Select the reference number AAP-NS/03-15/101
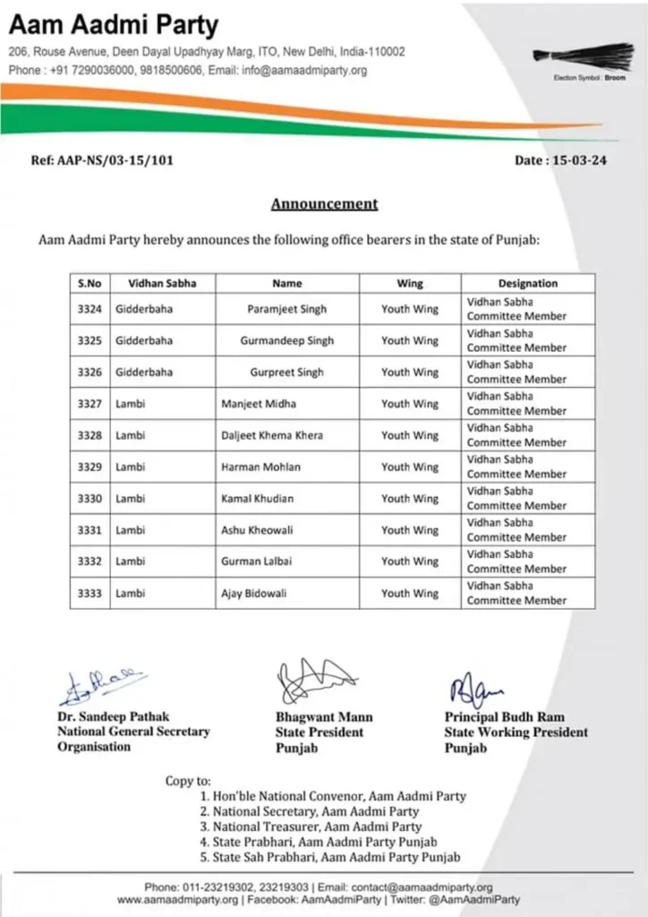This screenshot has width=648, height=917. coord(102,161)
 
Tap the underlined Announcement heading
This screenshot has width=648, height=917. coord(324,204)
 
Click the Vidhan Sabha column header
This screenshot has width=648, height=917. coord(162,283)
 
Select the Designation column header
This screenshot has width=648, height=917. coord(527,283)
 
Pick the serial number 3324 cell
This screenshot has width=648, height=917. coord(90,309)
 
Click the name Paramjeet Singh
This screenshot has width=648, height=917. coord(287,309)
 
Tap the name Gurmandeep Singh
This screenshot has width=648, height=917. coord(287,341)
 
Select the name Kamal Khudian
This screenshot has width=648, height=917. coord(257,499)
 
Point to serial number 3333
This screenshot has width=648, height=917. coord(90,594)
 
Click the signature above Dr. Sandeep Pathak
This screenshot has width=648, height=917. coord(101,686)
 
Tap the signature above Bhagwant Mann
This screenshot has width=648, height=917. coord(313,682)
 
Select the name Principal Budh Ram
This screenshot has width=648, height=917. coord(505,717)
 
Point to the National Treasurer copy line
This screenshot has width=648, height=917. coord(318,827)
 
